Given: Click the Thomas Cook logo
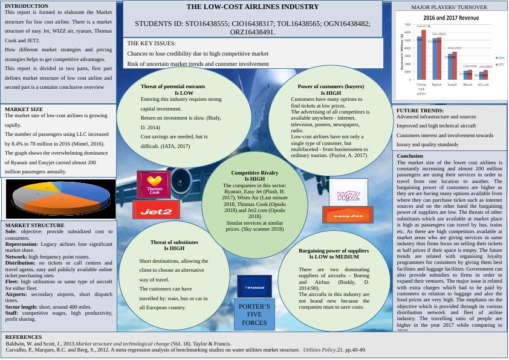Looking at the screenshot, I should [154, 184].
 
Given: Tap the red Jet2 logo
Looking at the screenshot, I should [156, 211].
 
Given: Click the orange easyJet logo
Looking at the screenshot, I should [348, 215].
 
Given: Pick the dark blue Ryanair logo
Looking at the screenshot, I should [254, 288].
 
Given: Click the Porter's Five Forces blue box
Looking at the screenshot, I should [254, 314].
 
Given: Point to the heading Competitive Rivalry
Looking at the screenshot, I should [254, 173].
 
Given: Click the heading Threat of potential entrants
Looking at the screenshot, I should [172, 86].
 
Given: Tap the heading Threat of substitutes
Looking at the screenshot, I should [174, 242].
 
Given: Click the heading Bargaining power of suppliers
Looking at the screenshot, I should [333, 250].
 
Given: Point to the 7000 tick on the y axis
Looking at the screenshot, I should [409, 28].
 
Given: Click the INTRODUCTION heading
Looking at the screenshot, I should [27, 6].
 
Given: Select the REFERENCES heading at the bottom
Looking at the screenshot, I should [23, 337].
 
